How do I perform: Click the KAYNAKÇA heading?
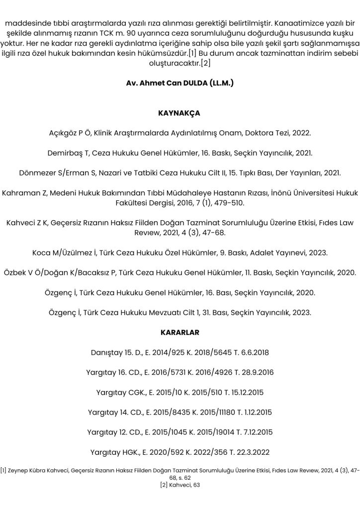pos(180,113)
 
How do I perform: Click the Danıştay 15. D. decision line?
pos(180,352)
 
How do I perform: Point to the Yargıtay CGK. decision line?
pos(180,392)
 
